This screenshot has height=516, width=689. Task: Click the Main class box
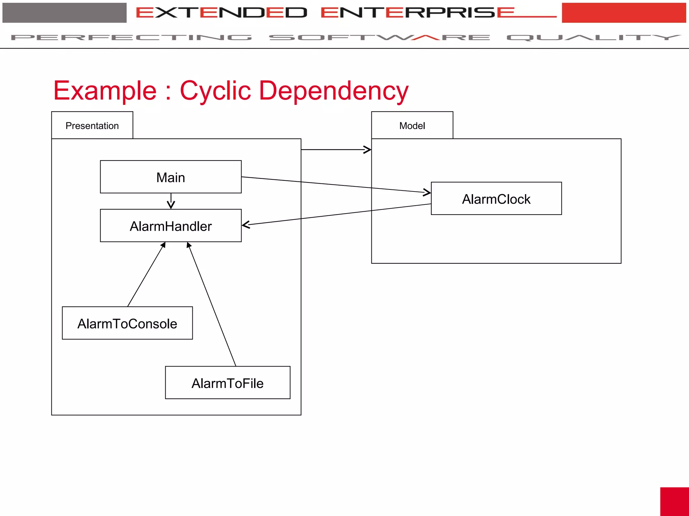click(x=171, y=177)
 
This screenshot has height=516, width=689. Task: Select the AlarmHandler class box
click(x=171, y=226)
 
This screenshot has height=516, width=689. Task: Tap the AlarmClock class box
click(x=496, y=199)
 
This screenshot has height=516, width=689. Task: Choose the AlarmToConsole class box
click(x=127, y=323)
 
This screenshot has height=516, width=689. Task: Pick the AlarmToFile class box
click(x=227, y=383)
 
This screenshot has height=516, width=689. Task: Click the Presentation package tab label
click(x=92, y=126)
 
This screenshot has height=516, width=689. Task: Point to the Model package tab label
click(x=412, y=126)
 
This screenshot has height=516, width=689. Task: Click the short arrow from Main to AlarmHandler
click(x=171, y=201)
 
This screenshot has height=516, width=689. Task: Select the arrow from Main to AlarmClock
click(x=336, y=185)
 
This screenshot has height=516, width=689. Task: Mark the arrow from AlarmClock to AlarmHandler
click(x=336, y=215)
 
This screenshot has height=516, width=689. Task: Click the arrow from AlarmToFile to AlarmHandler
click(x=212, y=304)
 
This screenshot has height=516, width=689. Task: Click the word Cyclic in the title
click(x=215, y=91)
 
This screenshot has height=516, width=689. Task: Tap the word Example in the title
click(x=105, y=91)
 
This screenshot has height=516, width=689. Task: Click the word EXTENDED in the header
click(x=221, y=13)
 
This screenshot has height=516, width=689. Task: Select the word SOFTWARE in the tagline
click(x=379, y=37)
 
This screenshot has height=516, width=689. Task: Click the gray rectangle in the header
click(x=64, y=13)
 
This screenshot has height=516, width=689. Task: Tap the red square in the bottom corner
click(x=674, y=501)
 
